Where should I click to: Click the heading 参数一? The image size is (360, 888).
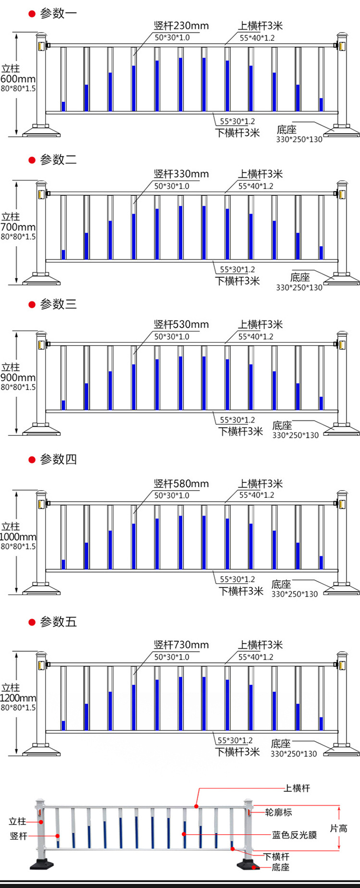58,13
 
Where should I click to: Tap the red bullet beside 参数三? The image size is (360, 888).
32,305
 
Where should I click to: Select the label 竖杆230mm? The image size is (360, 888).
181,26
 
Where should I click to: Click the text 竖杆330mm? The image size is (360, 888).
181,174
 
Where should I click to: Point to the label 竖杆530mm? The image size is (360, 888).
181,324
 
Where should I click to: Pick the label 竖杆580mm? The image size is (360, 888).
181,483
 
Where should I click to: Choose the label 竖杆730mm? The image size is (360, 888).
181,645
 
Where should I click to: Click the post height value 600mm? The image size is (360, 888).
18,79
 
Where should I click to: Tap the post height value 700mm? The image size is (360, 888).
18,227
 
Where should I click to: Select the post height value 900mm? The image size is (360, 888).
18,377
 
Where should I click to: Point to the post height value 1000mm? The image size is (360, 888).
18,537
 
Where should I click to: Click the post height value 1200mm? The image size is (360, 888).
18,698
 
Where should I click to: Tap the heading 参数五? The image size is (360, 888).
58,622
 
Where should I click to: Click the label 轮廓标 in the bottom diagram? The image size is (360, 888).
278,813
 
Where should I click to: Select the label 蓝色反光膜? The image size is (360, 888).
294,835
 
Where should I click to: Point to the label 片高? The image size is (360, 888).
338,828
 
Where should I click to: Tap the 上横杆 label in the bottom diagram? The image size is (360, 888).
297,789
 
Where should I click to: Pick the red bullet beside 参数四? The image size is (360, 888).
32,460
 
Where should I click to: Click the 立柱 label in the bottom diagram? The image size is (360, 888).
17,822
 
